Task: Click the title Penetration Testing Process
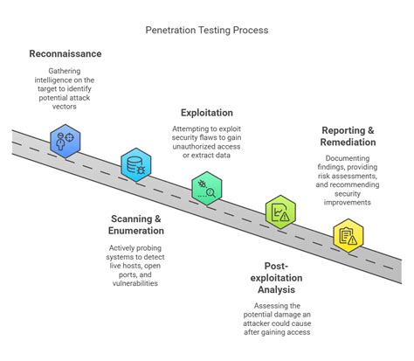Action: pos(207,30)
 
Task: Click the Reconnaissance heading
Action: pos(65,54)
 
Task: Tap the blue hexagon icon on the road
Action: pos(66,138)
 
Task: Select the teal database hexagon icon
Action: pos(136,163)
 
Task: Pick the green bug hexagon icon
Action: pos(207,187)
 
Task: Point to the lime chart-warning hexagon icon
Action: pos(279,212)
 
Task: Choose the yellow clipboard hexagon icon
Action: pos(348,235)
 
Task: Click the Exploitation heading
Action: pos(207,113)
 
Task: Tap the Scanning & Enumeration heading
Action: pos(137,225)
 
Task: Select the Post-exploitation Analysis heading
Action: pos(279,278)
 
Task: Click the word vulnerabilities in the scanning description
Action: pos(137,282)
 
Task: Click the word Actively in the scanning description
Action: pos(119,248)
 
